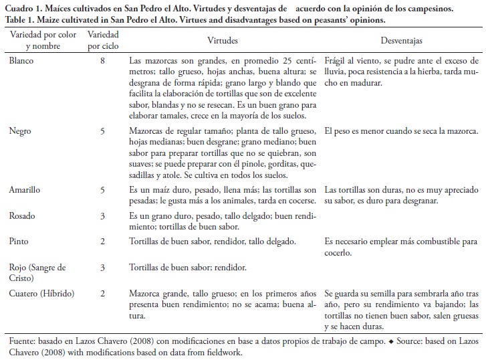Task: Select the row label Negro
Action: pyautogui.click(x=21, y=113)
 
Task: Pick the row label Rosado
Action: pyautogui.click(x=23, y=216)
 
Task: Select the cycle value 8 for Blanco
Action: pyautogui.click(x=102, y=60)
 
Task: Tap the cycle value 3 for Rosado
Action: pyautogui.click(x=102, y=216)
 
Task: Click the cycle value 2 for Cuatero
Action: pyautogui.click(x=102, y=292)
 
